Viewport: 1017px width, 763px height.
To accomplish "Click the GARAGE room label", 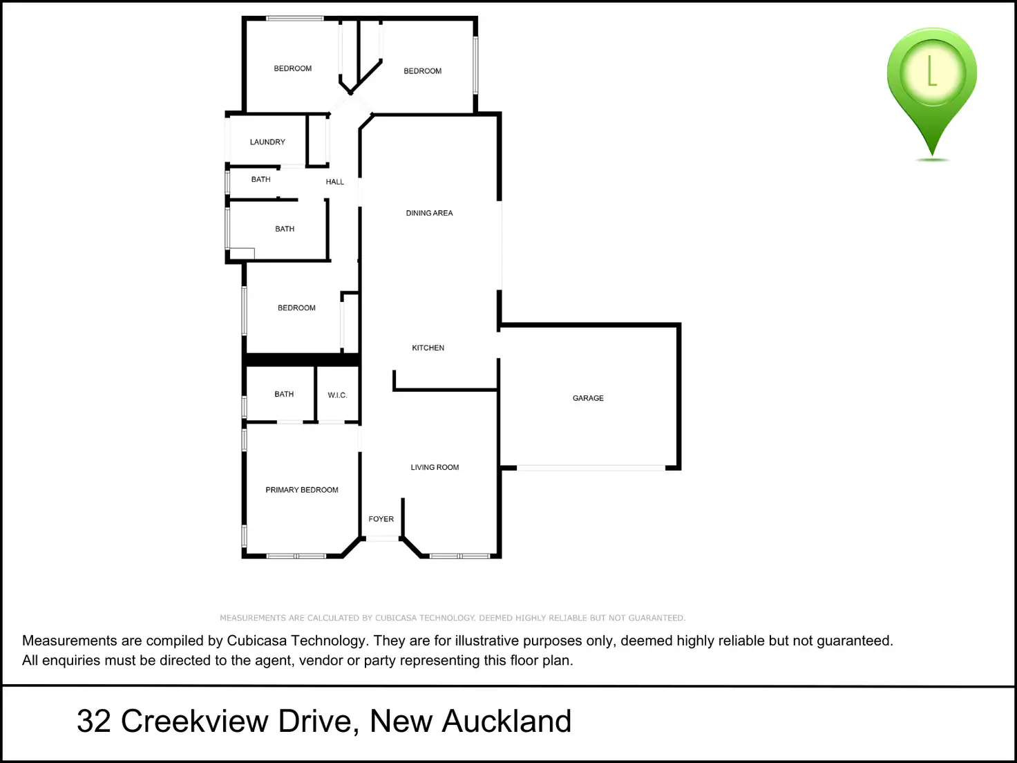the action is tap(588, 398).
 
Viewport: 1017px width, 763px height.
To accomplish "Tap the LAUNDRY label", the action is tap(267, 142).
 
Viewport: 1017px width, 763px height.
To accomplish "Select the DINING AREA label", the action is tap(429, 214).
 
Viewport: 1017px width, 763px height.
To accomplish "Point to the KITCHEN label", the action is tap(428, 348).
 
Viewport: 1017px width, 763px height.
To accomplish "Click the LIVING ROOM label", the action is tap(435, 468).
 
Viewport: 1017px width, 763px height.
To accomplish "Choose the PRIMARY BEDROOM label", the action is tap(302, 490).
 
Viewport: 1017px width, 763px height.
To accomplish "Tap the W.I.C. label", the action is tap(337, 395).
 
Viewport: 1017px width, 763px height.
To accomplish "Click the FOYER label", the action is tap(381, 519).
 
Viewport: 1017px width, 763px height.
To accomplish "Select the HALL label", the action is tap(334, 182).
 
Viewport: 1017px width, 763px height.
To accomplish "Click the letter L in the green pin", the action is tap(931, 71).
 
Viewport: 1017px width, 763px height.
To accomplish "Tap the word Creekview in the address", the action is tap(194, 722).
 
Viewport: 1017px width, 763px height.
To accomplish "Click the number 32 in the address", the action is tap(93, 722).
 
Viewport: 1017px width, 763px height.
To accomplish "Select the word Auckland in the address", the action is tap(506, 722).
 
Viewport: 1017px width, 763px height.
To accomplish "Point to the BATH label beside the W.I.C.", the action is tap(284, 395).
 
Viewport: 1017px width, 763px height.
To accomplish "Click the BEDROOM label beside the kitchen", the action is tap(296, 308).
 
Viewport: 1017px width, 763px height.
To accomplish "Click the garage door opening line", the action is tap(591, 468).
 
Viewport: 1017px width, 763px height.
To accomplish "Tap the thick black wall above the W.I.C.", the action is tap(302, 360).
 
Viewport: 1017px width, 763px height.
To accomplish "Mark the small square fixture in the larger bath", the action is tap(243, 254).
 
